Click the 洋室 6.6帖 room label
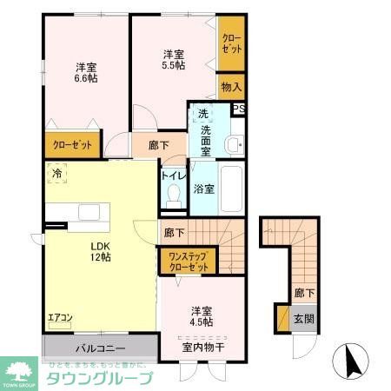[85, 72]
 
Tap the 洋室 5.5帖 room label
[173, 60]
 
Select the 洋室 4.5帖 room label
[202, 317]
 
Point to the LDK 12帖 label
[98, 250]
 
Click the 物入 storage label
[230, 87]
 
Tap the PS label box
[239, 109]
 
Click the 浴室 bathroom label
[204, 189]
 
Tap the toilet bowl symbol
[172, 195]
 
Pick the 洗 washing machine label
[202, 114]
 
